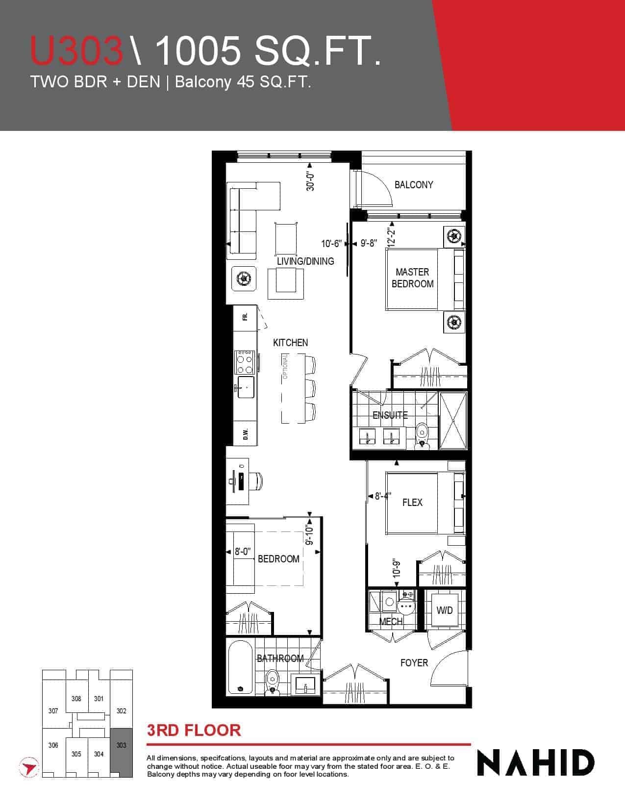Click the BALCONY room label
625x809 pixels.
(414, 185)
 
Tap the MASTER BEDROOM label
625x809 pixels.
(412, 278)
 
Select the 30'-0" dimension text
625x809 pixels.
(310, 181)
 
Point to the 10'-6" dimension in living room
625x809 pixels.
(331, 244)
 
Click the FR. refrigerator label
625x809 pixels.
(245, 317)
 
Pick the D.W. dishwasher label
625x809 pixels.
(246, 434)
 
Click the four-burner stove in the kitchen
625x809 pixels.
(245, 362)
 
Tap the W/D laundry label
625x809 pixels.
(445, 610)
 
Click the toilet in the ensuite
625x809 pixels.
(422, 435)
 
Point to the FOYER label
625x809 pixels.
(414, 663)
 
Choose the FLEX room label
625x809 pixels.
(412, 502)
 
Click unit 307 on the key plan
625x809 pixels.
(53, 711)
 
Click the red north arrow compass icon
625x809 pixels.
(28, 767)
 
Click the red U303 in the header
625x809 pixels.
(76, 51)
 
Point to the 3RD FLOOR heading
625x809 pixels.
(194, 730)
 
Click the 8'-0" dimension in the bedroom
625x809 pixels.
(242, 552)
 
